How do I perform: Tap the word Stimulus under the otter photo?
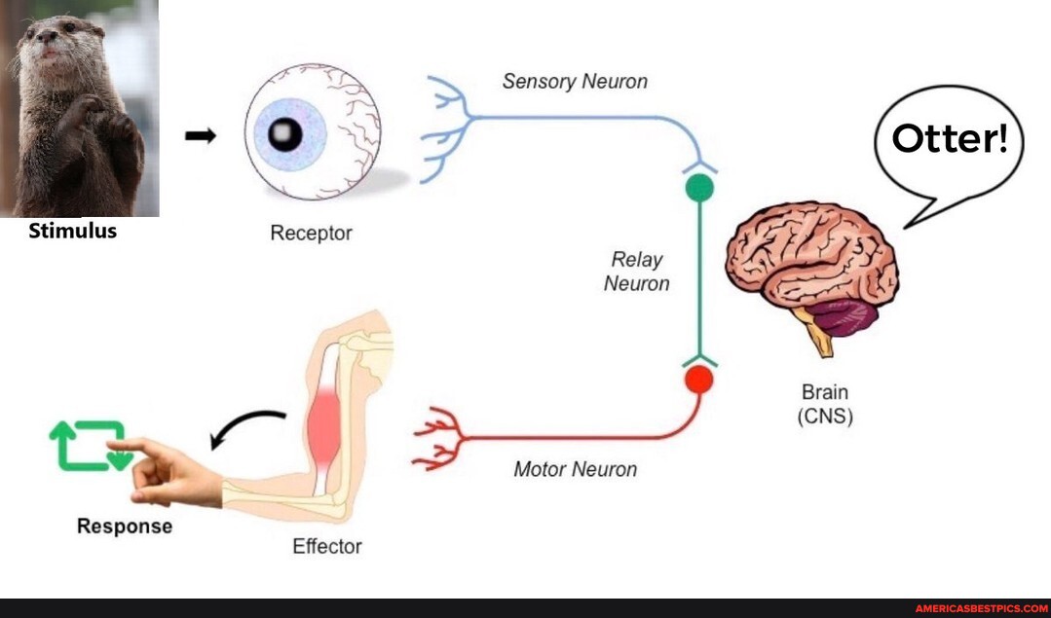point(73,232)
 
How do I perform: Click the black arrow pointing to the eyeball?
point(201,137)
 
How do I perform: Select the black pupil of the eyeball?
point(285,133)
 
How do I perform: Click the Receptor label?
point(311,234)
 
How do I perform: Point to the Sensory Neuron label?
point(575,82)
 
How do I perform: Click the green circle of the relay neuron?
point(699,188)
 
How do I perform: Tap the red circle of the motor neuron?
point(698,380)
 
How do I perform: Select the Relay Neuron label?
point(637,272)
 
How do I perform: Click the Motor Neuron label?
point(575,470)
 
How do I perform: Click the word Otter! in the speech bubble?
point(950,139)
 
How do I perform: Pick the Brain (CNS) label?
point(825,405)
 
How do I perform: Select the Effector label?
point(326,547)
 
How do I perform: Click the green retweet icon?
point(90,446)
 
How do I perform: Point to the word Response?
point(125,527)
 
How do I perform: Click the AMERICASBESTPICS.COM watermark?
point(981,608)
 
